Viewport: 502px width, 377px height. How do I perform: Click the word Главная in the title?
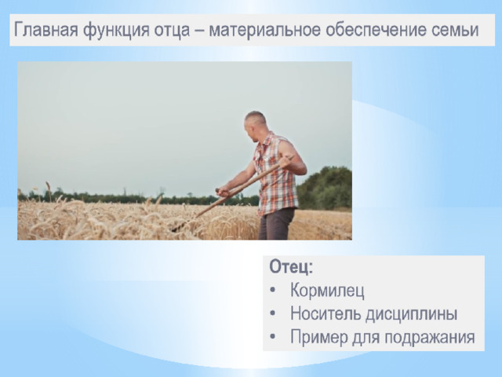[46, 30]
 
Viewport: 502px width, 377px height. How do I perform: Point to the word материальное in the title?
[264, 30]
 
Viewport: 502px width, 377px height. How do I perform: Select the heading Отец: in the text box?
[291, 267]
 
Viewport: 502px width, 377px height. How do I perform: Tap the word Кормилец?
[327, 290]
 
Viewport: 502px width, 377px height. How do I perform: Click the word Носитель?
[326, 313]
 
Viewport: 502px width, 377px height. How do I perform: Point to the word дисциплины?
[411, 314]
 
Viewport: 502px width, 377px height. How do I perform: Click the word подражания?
[430, 338]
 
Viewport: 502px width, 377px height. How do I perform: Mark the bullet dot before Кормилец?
[272, 290]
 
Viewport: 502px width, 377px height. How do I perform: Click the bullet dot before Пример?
[272, 337]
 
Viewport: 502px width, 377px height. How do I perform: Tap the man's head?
[255, 126]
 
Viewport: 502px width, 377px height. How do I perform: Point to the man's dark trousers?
[275, 224]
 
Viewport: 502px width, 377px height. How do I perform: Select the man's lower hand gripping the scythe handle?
[223, 191]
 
